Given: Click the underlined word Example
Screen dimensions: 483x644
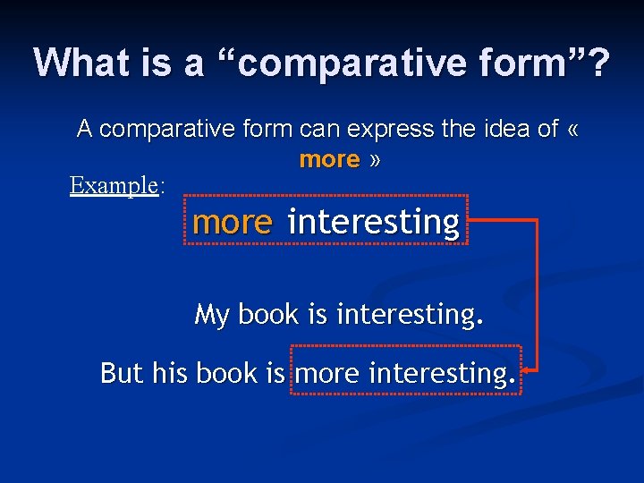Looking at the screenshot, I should click(x=114, y=185).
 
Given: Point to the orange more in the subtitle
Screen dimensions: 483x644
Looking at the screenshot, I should click(x=329, y=160).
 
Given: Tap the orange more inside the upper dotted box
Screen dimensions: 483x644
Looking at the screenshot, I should click(x=232, y=222).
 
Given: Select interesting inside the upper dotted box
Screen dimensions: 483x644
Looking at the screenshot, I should click(x=374, y=222).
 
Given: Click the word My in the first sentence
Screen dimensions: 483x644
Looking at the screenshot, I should click(x=212, y=315).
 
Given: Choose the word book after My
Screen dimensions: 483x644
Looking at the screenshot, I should click(x=269, y=315).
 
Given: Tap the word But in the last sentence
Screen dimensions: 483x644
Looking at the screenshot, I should click(x=122, y=372).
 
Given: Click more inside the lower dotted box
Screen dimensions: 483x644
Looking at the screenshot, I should click(x=327, y=372).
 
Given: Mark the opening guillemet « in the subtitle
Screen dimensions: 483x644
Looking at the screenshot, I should click(x=573, y=130).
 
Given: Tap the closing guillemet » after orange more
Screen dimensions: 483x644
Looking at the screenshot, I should click(x=375, y=160).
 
